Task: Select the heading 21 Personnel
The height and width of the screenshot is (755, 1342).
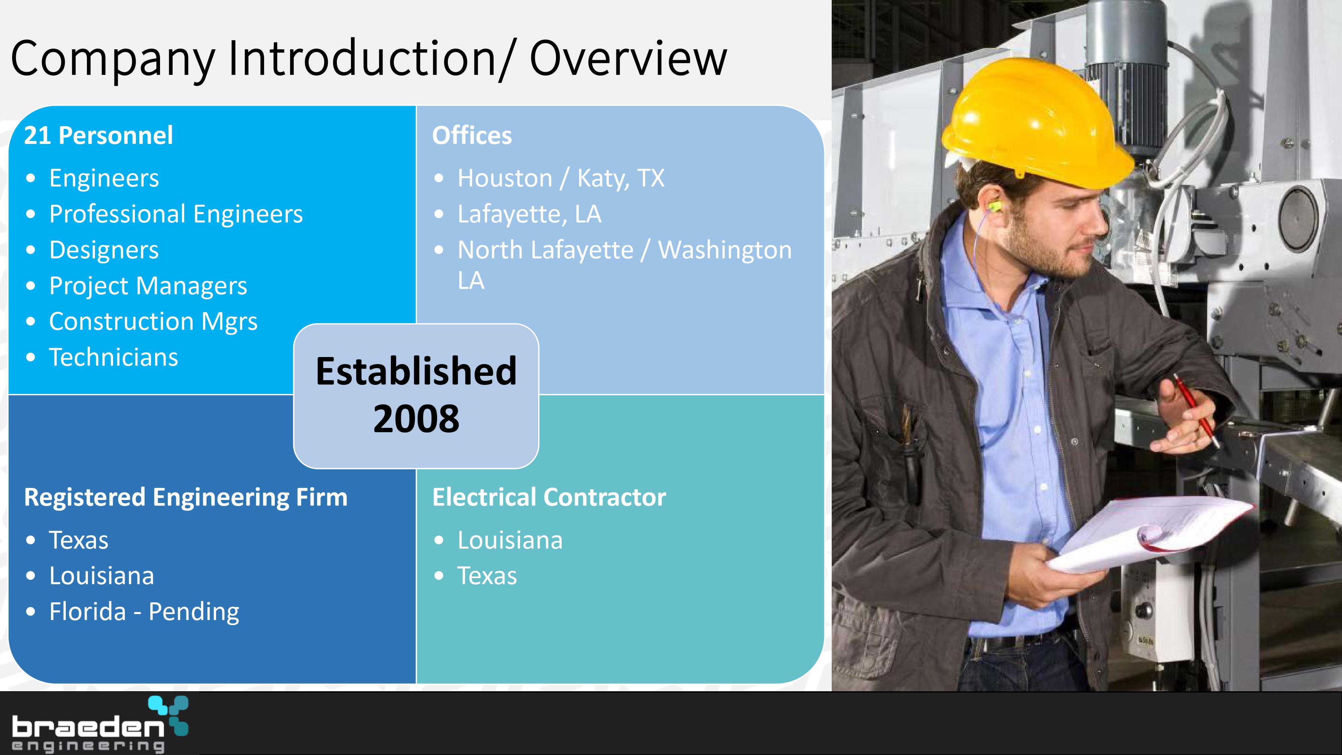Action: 98,136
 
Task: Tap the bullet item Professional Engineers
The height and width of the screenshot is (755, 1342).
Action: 176,214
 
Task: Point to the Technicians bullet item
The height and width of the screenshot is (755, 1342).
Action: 114,357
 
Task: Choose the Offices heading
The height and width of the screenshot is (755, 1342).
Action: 472,136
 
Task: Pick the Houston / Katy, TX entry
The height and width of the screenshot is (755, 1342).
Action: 561,178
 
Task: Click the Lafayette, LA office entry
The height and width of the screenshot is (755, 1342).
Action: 529,214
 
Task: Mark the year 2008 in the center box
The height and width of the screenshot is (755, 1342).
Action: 416,418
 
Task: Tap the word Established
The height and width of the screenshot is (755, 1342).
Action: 416,371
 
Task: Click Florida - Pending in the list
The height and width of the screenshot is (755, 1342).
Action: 144,612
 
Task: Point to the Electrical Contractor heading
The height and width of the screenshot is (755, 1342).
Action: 549,497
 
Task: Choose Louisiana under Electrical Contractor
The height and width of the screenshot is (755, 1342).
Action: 510,540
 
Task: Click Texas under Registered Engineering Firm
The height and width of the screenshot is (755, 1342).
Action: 79,540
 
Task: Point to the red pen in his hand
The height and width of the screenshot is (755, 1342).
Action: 1196,410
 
